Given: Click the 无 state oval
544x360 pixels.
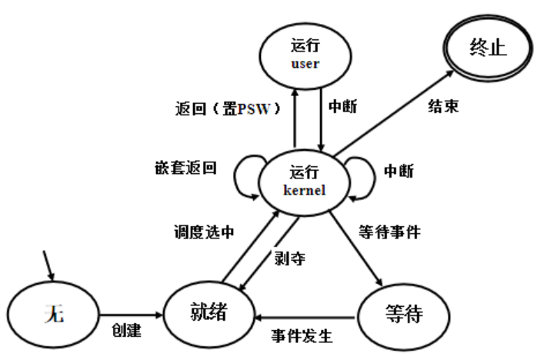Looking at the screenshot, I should [x=53, y=315].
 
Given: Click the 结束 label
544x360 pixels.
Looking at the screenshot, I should [x=442, y=107].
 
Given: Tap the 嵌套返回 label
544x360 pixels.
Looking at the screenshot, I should [x=185, y=168].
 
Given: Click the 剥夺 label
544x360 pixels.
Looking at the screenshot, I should [x=289, y=258].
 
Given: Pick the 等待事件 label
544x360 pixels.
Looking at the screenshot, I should [x=389, y=229].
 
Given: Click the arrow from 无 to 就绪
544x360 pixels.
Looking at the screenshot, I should [x=131, y=315].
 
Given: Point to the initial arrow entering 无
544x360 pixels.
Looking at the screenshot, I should [x=49, y=266].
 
